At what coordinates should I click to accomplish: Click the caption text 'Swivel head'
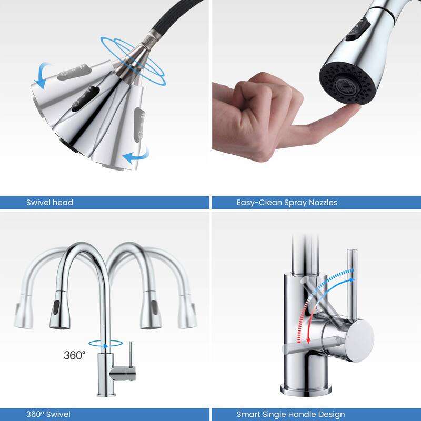(49, 202)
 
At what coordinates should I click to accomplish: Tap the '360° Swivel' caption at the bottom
(48, 414)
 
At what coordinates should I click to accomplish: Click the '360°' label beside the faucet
(74, 355)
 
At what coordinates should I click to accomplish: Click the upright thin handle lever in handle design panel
(350, 284)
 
